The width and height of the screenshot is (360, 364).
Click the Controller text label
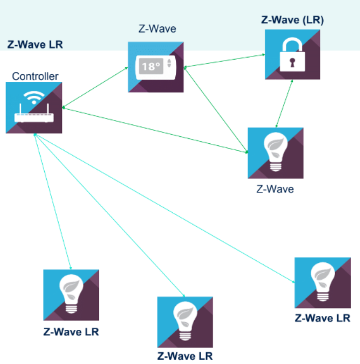(x=35, y=76)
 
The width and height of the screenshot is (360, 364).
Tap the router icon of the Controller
(x=33, y=116)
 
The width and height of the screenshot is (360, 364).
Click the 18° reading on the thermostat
(x=149, y=66)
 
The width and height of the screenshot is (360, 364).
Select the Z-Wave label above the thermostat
(x=157, y=29)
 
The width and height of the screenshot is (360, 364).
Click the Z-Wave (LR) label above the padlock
(x=292, y=20)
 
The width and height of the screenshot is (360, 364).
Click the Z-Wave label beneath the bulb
(x=275, y=189)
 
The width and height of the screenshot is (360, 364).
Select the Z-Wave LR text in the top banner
(x=35, y=44)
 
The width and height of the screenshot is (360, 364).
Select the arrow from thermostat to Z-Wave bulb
(x=216, y=110)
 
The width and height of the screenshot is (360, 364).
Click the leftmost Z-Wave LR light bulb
(x=71, y=295)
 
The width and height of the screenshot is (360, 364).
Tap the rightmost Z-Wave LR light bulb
(x=322, y=283)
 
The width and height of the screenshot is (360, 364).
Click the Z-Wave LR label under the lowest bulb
(x=185, y=356)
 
